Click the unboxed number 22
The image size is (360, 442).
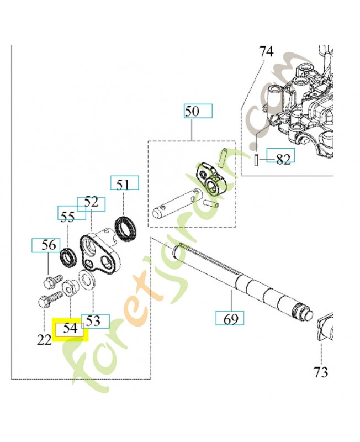(44, 340)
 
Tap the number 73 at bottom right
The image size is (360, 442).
(321, 372)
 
